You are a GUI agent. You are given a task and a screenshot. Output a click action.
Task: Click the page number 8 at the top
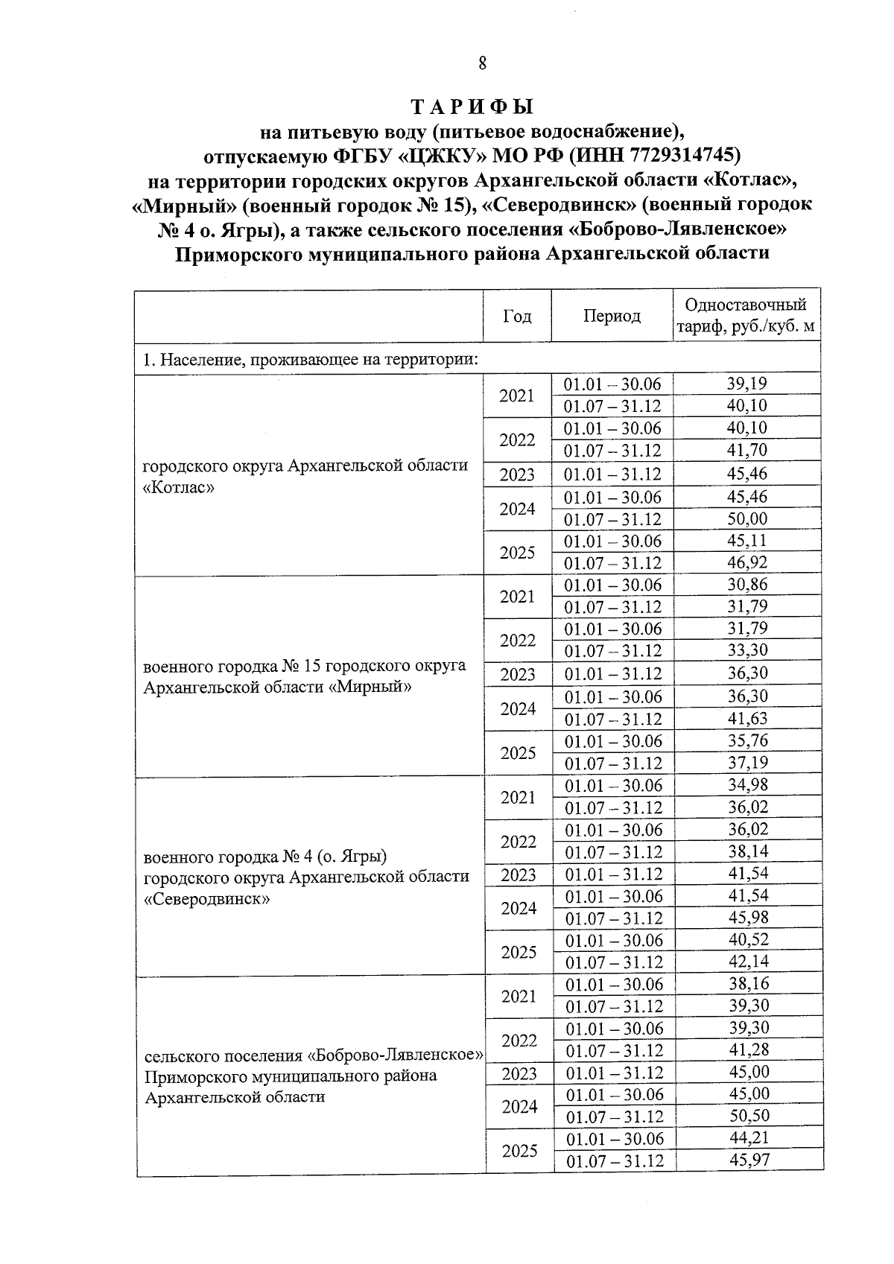pyautogui.click(x=482, y=63)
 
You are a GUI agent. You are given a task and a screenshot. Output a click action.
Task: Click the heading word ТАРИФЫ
pyautogui.click(x=473, y=107)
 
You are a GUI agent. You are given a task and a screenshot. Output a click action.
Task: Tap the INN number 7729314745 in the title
pyautogui.click(x=684, y=155)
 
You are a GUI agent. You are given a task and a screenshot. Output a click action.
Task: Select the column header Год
pyautogui.click(x=517, y=316)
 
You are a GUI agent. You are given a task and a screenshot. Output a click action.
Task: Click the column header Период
pyautogui.click(x=612, y=316)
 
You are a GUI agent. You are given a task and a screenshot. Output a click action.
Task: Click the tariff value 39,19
pyautogui.click(x=746, y=384)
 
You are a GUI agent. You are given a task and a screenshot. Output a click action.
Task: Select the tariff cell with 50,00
pyautogui.click(x=746, y=519)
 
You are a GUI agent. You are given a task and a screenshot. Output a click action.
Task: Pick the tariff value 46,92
pyautogui.click(x=746, y=562)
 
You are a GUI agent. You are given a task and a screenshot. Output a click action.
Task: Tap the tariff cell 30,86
pyautogui.click(x=746, y=585)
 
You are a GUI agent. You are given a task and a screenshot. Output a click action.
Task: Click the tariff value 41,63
pyautogui.click(x=746, y=718)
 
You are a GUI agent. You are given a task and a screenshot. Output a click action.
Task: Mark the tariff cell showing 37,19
pyautogui.click(x=746, y=762)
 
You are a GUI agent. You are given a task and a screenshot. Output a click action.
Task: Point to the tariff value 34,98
pyautogui.click(x=746, y=784)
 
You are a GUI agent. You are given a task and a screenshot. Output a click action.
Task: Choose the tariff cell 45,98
pyautogui.click(x=746, y=917)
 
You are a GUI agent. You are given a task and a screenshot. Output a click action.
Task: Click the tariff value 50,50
pyautogui.click(x=748, y=1115)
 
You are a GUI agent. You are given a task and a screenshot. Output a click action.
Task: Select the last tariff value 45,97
pyautogui.click(x=748, y=1160)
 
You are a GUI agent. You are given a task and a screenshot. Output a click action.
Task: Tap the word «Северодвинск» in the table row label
pyautogui.click(x=206, y=898)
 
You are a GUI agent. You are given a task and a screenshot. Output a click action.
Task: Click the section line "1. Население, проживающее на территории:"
pyautogui.click(x=309, y=361)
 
